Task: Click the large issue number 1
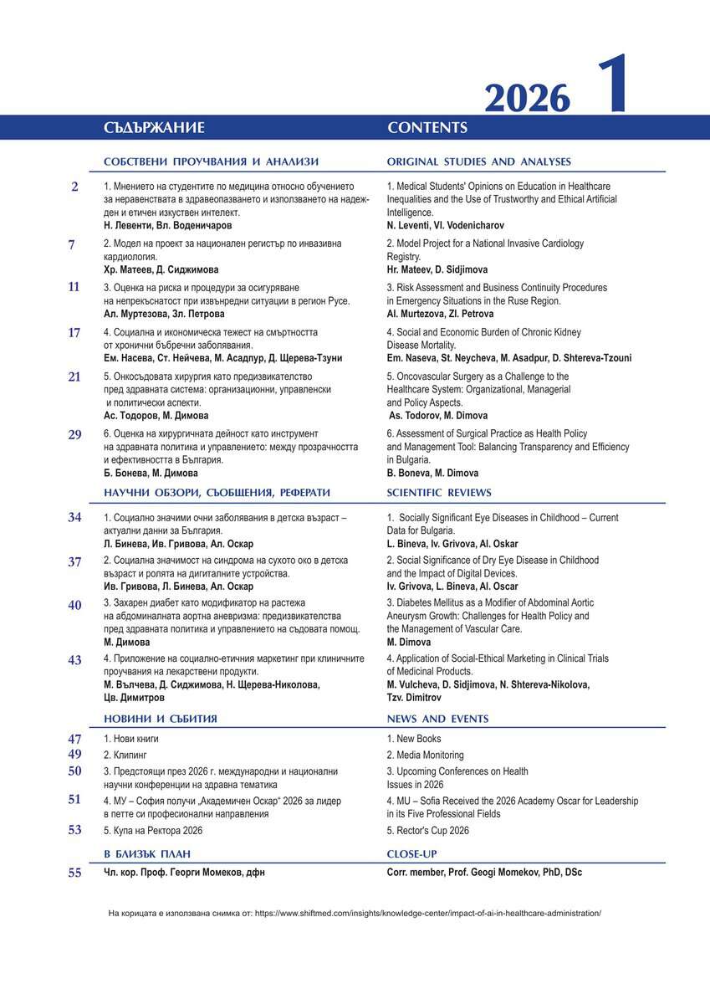[x=614, y=86]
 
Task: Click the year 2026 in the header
[x=527, y=100]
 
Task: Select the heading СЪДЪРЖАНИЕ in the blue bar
[x=155, y=128]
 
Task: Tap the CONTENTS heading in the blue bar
[x=427, y=128]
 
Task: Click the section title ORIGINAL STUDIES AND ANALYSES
[x=479, y=161]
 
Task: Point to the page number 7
[x=72, y=244]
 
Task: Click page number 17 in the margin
[x=74, y=332]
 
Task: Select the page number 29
[x=74, y=434]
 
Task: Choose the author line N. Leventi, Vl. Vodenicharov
[x=446, y=226]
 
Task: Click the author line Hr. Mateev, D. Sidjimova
[x=437, y=270]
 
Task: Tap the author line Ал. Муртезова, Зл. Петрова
[x=164, y=314]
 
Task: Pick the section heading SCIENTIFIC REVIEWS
[x=439, y=493]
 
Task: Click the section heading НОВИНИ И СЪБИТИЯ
[x=161, y=719]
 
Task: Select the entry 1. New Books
[x=414, y=739]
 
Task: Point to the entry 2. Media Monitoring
[x=425, y=755]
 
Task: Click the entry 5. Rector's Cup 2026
[x=428, y=831]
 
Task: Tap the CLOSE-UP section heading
[x=411, y=854]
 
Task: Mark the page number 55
[x=74, y=873]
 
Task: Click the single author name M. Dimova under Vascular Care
[x=408, y=642]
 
